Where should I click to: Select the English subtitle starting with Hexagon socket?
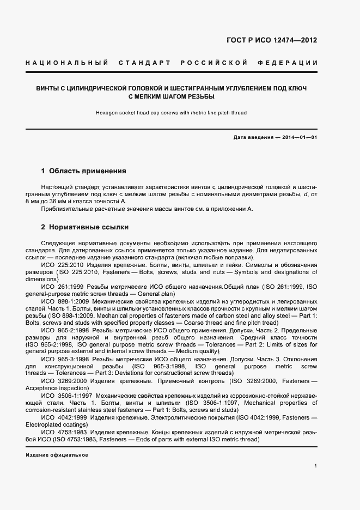(171, 113)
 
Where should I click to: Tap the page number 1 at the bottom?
(316, 465)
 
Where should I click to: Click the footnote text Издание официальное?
(57, 454)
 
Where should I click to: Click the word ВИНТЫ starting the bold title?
(48, 88)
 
